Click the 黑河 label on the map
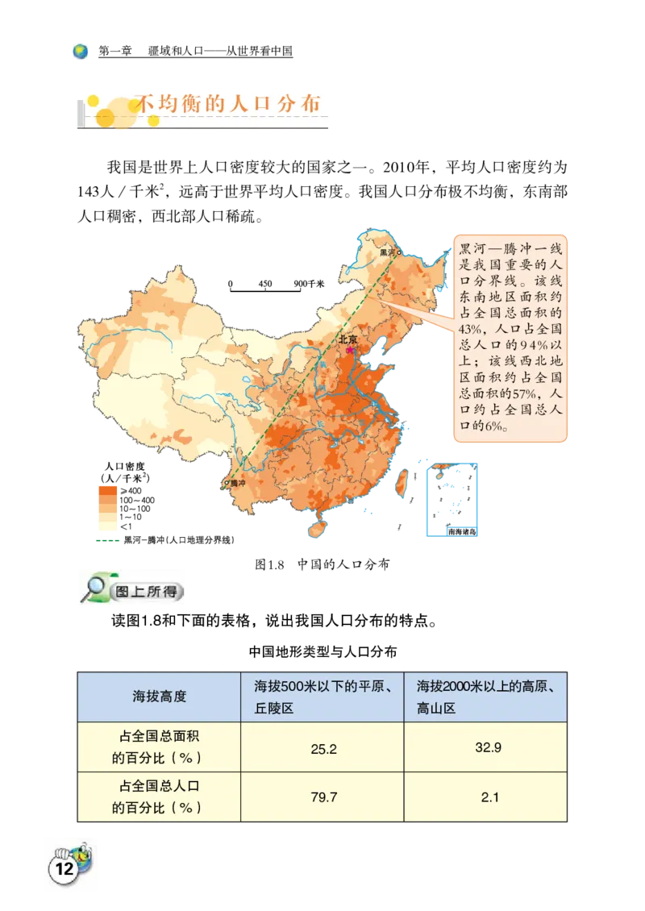tap(388, 252)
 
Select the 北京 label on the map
tap(347, 339)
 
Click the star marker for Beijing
tap(350, 350)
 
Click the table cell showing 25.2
tap(322, 749)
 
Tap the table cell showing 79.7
tap(322, 797)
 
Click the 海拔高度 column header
tap(159, 697)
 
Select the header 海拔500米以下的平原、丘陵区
tap(322, 697)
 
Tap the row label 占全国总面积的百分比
tap(159, 748)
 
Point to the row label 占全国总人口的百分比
tap(159, 797)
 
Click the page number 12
tap(64, 869)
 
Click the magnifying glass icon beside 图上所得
tap(94, 587)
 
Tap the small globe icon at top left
tap(80, 52)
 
